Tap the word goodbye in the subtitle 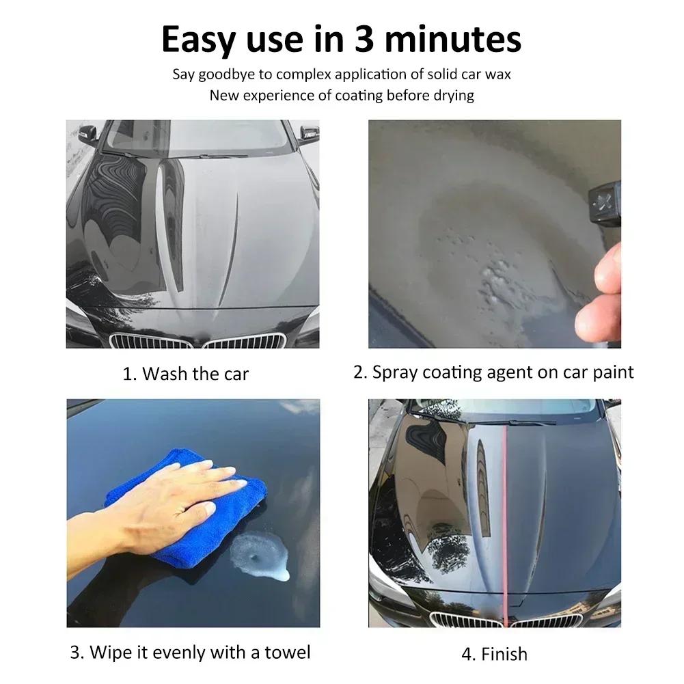(x=226, y=74)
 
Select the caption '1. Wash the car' (x=185, y=374)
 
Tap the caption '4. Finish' (x=494, y=654)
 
